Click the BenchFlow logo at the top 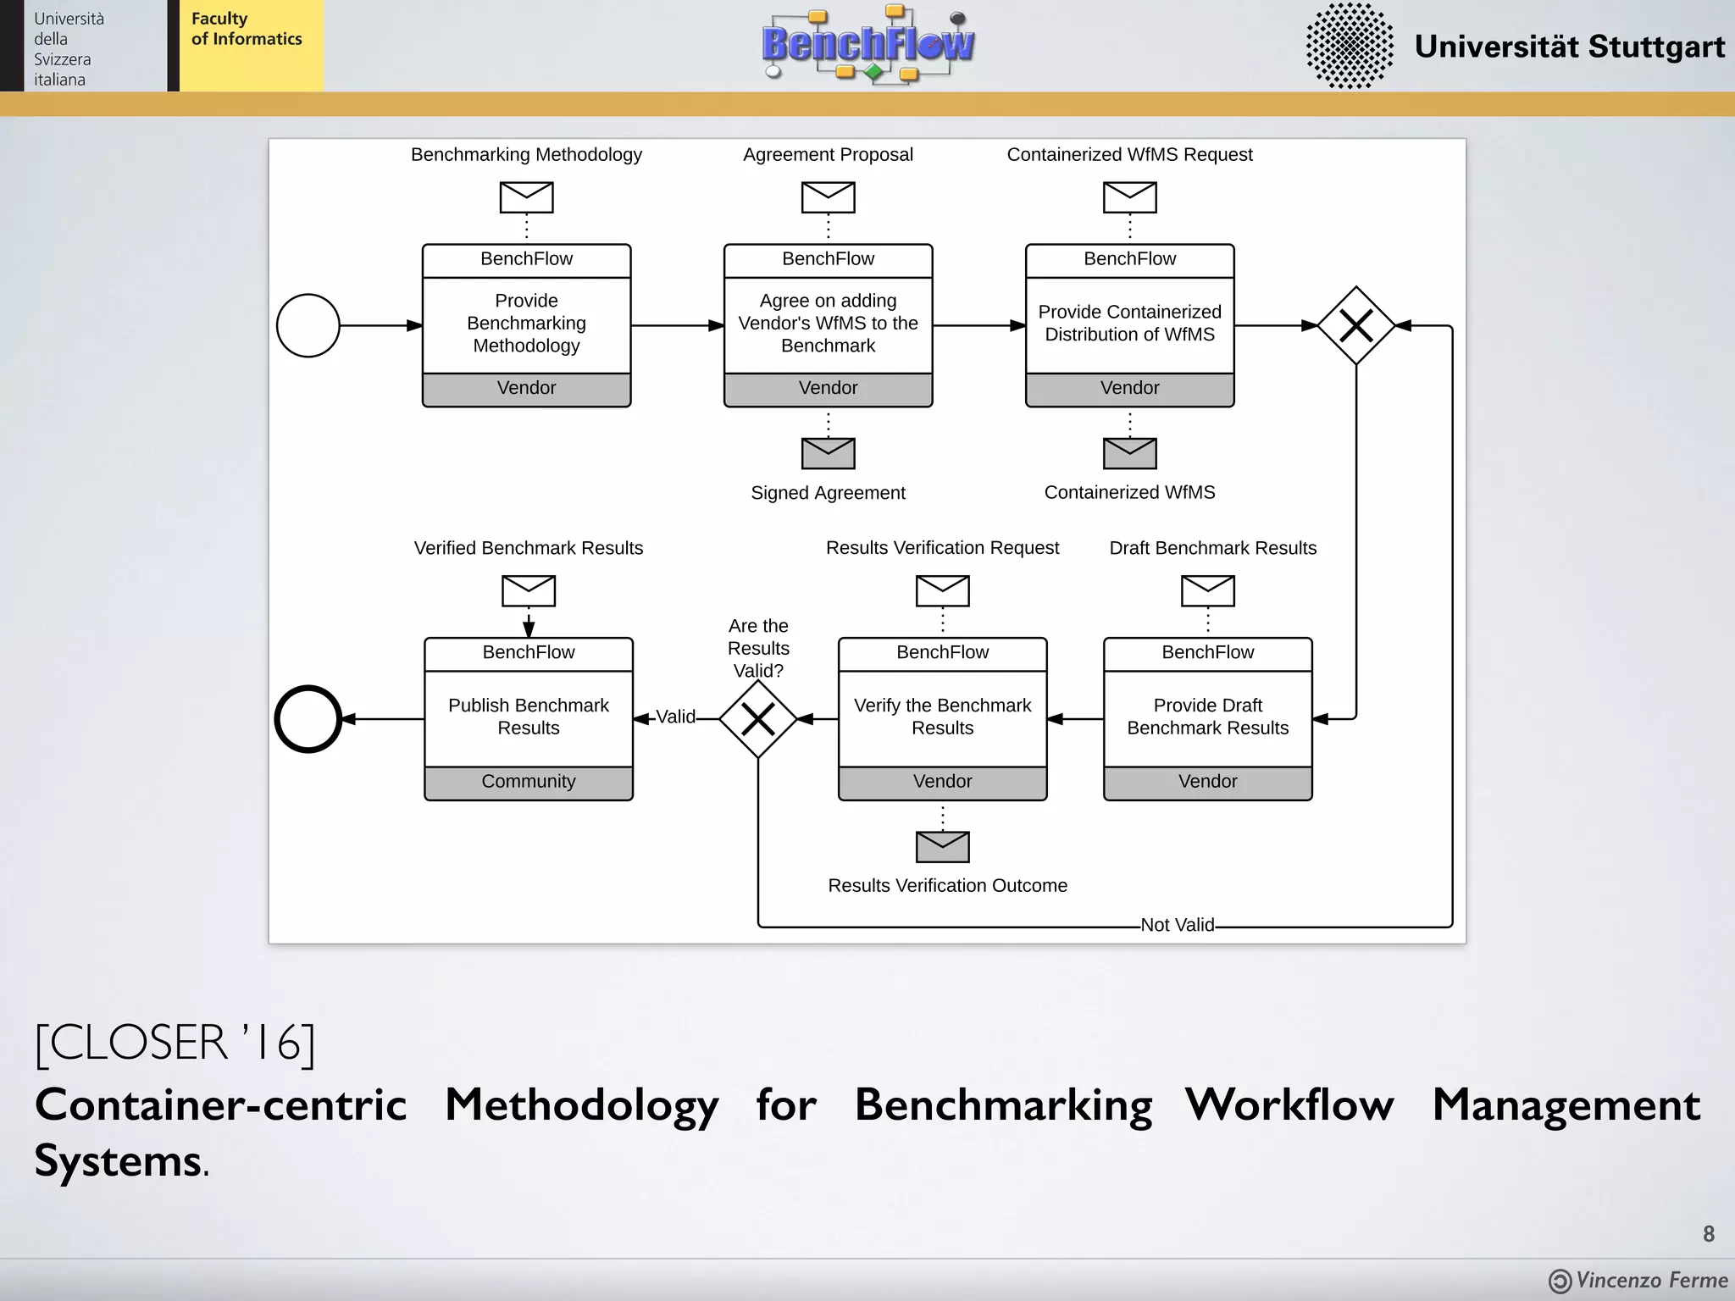click(867, 44)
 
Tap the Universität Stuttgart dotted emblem click(1349, 46)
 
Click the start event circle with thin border click(308, 325)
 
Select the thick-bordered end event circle click(308, 719)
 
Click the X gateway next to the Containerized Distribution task click(1355, 325)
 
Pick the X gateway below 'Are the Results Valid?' click(757, 719)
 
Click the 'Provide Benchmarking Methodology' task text click(526, 324)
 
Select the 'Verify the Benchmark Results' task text click(942, 717)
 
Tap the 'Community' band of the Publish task click(528, 782)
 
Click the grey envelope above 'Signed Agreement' click(828, 453)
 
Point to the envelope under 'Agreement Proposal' click(828, 197)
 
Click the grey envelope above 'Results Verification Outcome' click(942, 846)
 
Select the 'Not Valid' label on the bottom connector click(1177, 925)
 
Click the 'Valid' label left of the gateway click(675, 717)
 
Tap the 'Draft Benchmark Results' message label click(1212, 548)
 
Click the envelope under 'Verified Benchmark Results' click(528, 590)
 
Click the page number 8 click(1708, 1234)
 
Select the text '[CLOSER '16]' click(175, 1043)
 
